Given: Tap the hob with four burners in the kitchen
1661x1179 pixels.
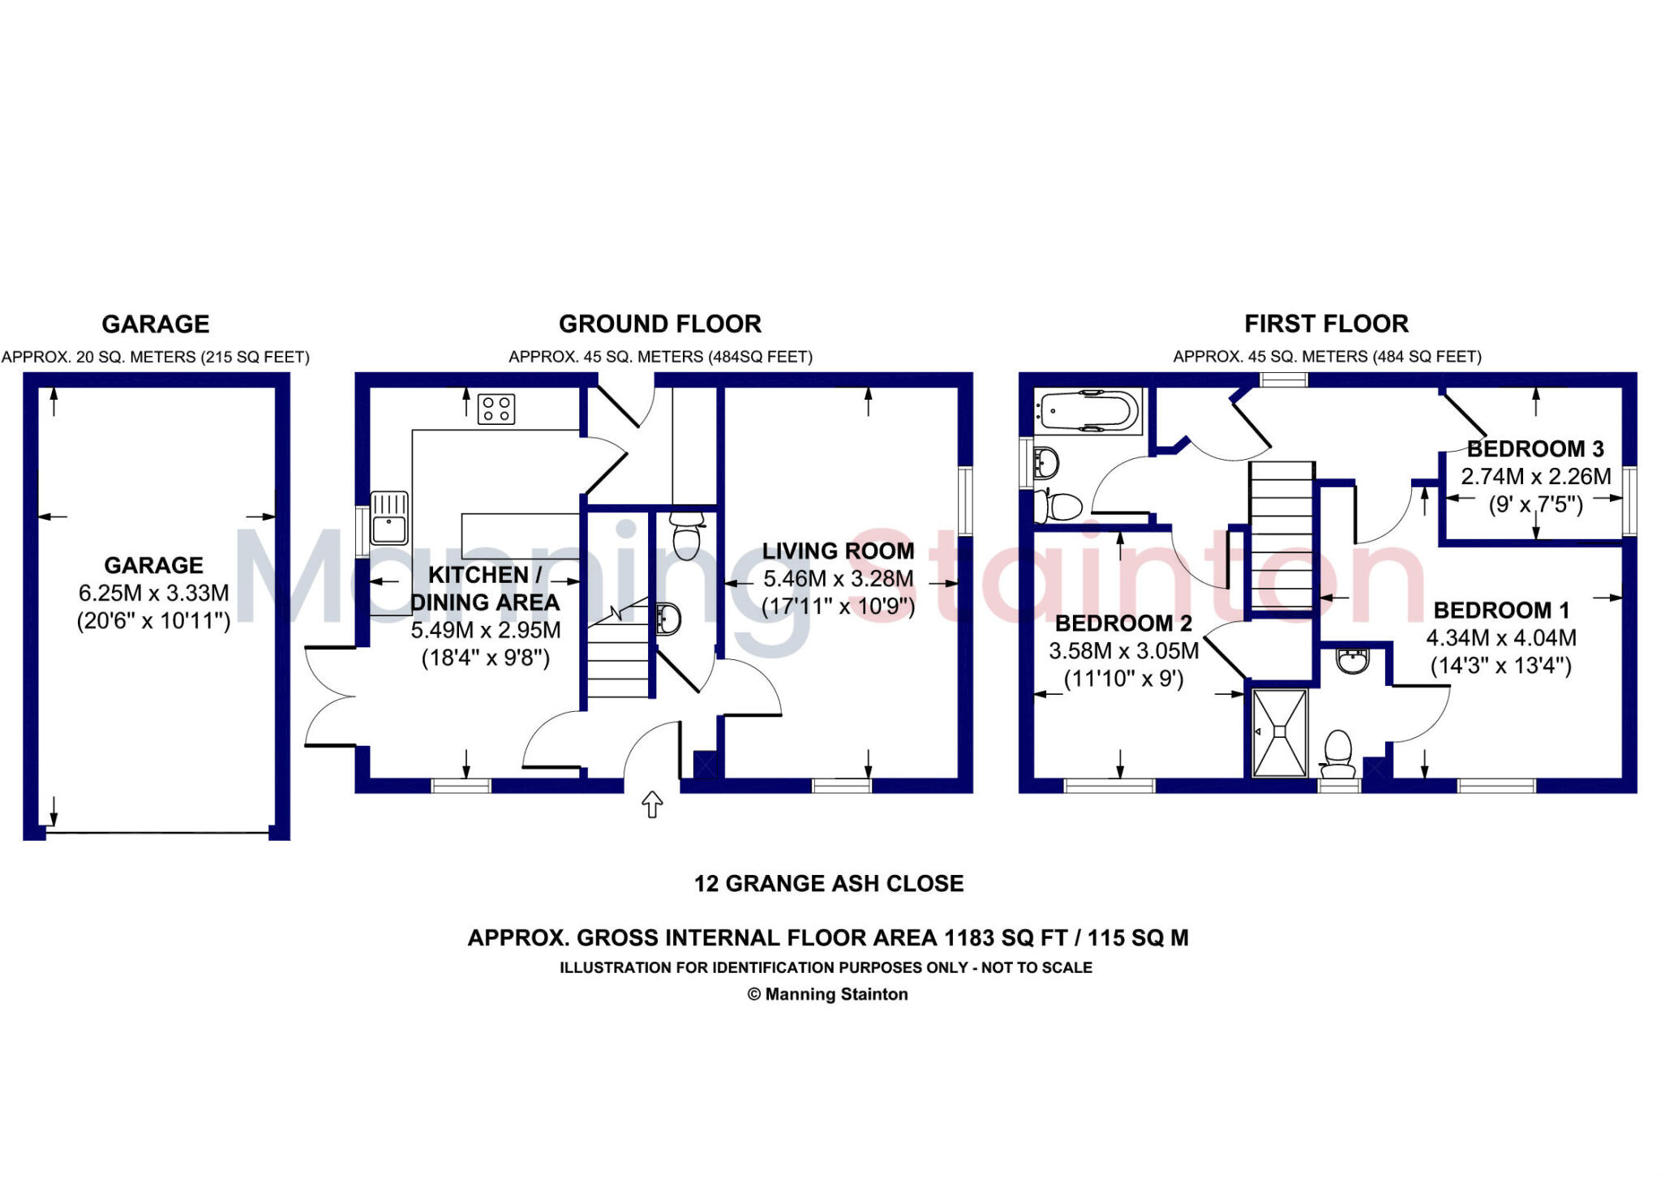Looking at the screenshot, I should [x=496, y=409].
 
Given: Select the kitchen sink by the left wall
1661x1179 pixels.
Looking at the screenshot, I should [x=389, y=518].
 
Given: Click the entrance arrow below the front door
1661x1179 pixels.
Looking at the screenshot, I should [x=652, y=804].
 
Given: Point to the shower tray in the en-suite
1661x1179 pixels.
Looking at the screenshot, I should [x=1280, y=732].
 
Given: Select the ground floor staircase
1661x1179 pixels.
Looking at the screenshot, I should [x=619, y=657].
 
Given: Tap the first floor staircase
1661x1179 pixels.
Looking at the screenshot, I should [x=1281, y=536].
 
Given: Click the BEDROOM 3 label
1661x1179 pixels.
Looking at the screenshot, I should [x=1534, y=449].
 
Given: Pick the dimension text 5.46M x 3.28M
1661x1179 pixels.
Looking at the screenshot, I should [x=838, y=579].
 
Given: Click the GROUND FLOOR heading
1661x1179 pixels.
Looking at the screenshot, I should [x=659, y=324].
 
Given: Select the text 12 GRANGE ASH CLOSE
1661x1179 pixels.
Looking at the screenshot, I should [x=828, y=883].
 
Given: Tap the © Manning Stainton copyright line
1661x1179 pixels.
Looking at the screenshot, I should [x=827, y=994].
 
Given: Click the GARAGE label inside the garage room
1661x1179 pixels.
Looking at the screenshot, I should [x=153, y=565].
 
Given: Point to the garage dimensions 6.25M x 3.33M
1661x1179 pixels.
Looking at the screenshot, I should [x=153, y=594].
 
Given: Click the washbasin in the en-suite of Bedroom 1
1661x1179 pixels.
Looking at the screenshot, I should [x=1352, y=660].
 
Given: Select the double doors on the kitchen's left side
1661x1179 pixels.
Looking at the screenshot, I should [x=331, y=696].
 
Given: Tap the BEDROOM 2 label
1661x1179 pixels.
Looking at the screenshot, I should [x=1122, y=624].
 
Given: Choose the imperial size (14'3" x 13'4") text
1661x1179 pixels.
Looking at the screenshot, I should [x=1500, y=667].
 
